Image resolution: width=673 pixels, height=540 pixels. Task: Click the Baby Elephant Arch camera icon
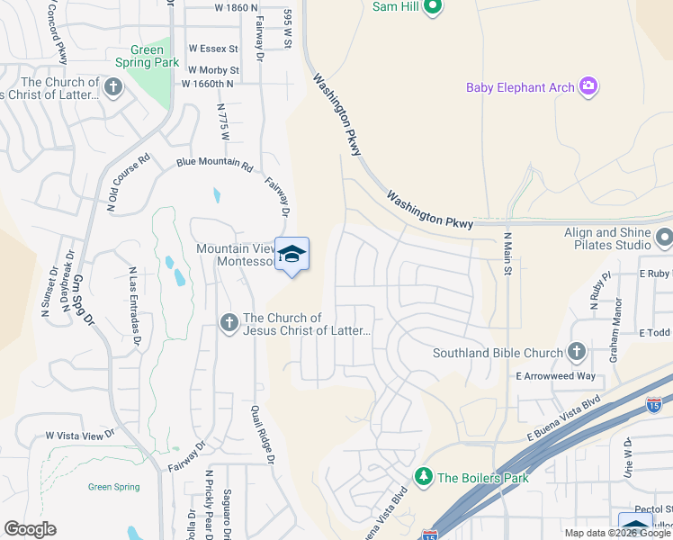point(588,86)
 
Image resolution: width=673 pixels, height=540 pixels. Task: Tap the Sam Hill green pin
point(433,7)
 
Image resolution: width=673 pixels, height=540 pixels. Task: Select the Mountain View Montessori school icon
point(292,256)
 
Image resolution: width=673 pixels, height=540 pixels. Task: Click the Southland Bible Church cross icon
point(576,352)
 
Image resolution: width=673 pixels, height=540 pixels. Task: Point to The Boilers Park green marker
point(423,477)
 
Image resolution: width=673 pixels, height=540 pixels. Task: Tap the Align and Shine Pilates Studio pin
point(664,238)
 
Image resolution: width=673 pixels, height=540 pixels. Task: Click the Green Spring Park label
point(147,57)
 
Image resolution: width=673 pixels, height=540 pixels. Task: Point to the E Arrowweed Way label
point(555,376)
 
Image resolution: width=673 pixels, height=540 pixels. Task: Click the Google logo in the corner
point(30,529)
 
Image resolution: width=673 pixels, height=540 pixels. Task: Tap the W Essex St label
point(213,49)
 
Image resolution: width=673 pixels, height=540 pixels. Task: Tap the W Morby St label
point(213,69)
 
